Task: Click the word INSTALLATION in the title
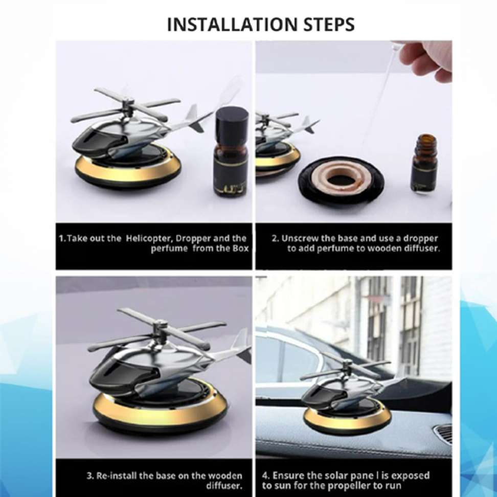232,25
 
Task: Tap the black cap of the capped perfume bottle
232,121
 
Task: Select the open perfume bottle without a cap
425,163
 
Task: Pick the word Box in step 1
241,248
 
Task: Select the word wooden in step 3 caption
225,476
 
